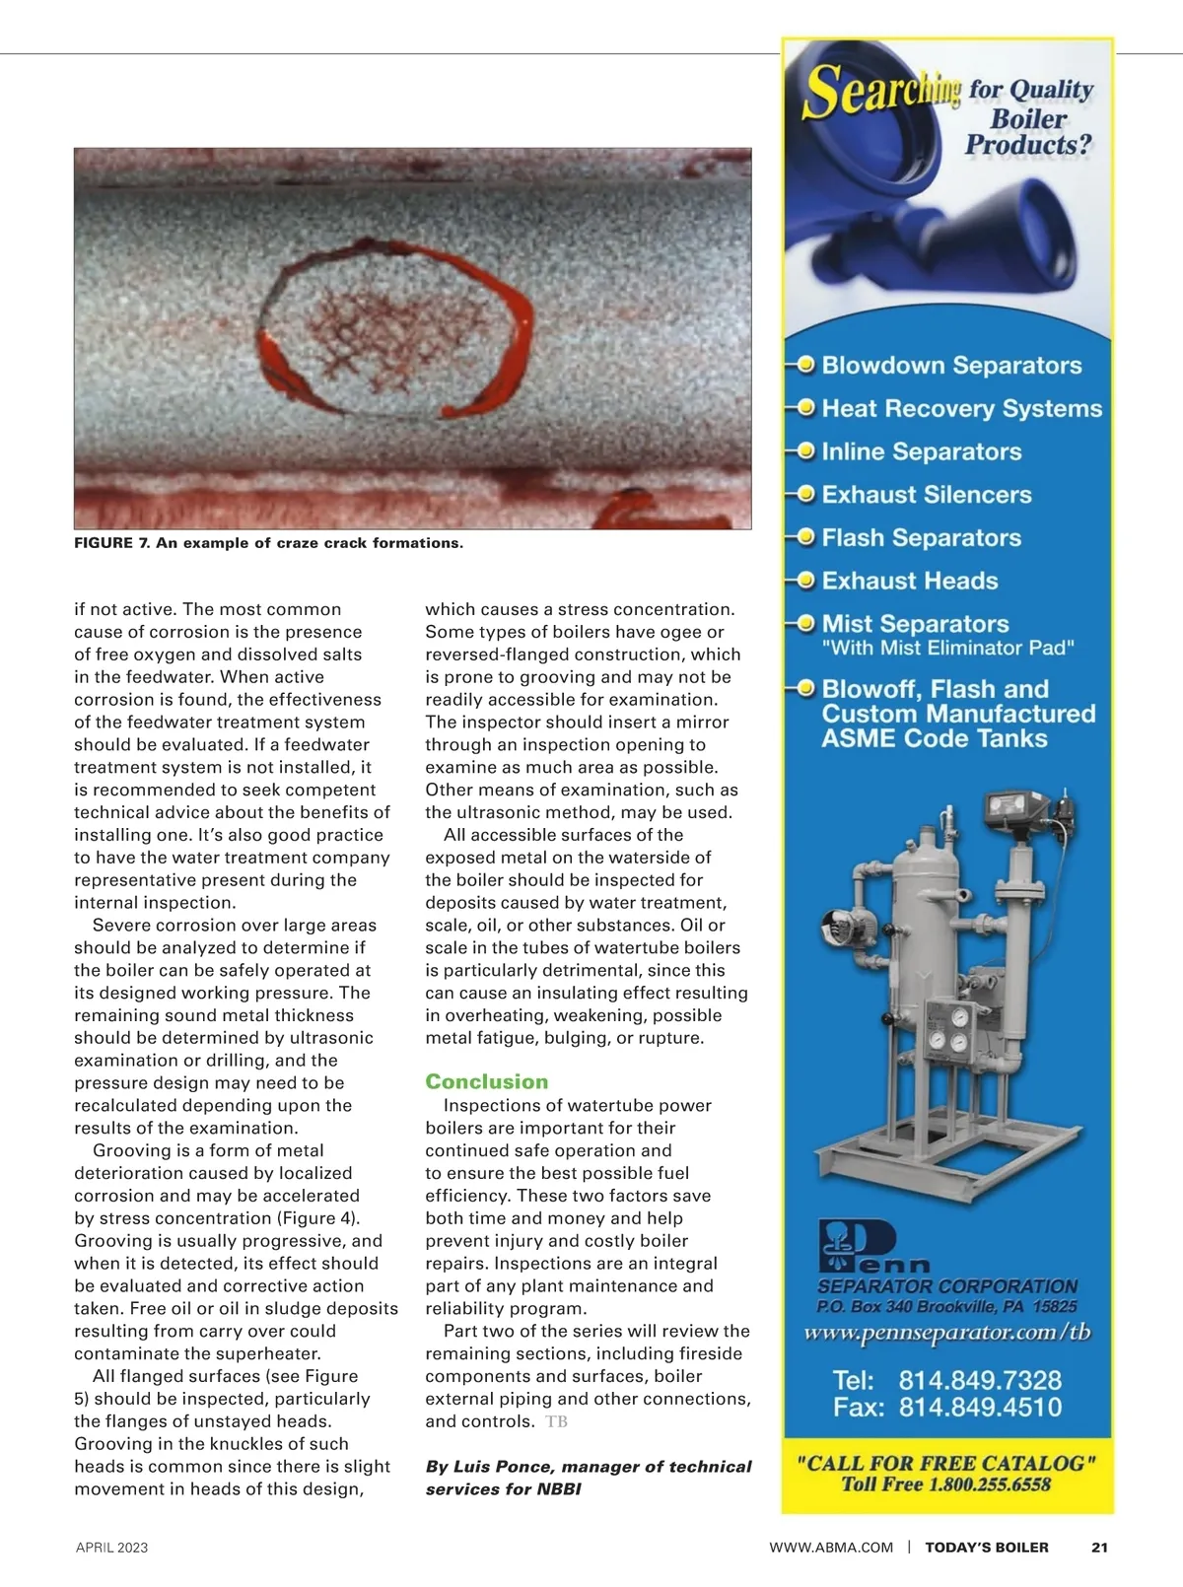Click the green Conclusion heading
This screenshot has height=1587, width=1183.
486,1081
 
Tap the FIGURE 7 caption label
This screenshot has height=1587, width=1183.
112,543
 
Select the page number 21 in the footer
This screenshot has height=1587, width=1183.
1099,1548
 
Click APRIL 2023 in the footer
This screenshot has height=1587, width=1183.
111,1548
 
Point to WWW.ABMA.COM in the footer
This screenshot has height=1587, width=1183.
831,1548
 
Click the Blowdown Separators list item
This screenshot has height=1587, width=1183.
951,366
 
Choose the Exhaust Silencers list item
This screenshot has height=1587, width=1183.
926,495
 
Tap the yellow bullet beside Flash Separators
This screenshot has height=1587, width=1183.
805,537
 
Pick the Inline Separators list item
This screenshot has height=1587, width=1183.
921,451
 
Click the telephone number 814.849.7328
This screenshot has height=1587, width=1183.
979,1380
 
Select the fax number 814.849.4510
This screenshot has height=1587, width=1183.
979,1408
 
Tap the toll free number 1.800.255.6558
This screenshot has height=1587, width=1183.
988,1484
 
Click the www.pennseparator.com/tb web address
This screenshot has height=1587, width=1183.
947,1333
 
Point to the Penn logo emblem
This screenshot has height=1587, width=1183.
856,1246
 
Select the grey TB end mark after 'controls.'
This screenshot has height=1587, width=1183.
556,1421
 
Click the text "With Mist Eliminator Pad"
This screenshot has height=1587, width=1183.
947,648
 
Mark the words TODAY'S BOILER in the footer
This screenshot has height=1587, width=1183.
986,1548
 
